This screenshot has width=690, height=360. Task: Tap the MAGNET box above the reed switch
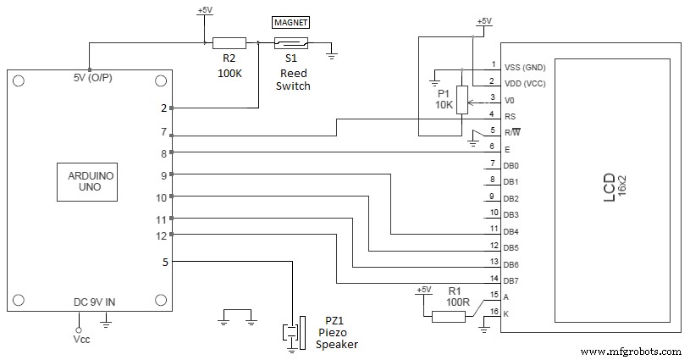[x=290, y=22]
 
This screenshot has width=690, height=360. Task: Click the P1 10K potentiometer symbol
[x=461, y=99]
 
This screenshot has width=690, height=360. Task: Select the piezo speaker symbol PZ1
[x=293, y=331]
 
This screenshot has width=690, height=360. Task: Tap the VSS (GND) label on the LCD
[x=525, y=66]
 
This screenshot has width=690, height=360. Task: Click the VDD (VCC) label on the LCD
[x=525, y=82]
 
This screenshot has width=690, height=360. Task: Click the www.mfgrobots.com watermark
[x=632, y=351]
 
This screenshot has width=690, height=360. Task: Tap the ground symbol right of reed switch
[x=332, y=56]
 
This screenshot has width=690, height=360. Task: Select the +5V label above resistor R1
[x=423, y=291]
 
